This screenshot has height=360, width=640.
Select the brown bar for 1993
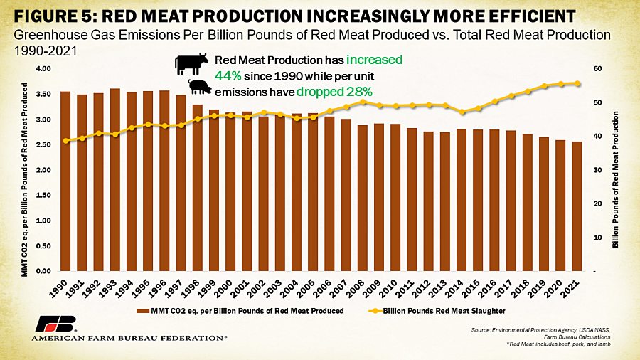115,179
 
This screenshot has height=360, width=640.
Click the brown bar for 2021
577,206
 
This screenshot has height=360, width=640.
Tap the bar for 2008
363,198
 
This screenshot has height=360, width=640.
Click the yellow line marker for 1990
66,141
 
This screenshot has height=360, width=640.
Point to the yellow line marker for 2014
462,112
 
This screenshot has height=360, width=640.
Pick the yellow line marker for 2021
577,83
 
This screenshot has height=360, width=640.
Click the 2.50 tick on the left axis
43,144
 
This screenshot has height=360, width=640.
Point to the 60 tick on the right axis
597,68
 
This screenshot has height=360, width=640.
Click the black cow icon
191,63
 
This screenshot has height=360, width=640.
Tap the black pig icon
200,87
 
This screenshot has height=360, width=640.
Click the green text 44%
228,76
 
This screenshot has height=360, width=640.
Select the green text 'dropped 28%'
334,92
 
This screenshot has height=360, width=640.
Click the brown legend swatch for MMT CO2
143,311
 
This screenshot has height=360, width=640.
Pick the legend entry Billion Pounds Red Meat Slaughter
437,311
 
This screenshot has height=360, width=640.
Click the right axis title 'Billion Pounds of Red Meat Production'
616,179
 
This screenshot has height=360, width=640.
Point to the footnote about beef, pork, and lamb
558,344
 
